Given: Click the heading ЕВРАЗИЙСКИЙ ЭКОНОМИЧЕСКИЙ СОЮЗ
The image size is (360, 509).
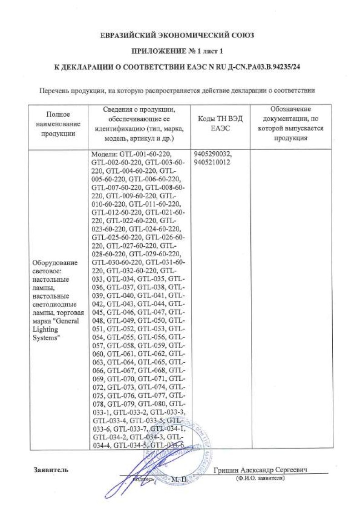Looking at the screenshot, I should pyautogui.click(x=177, y=35).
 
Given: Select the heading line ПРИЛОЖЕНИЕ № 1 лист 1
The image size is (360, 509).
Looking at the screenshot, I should pyautogui.click(x=177, y=50).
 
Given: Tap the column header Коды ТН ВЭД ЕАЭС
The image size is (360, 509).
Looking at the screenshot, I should pyautogui.click(x=220, y=124).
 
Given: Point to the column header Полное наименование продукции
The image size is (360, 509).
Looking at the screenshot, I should pyautogui.click(x=57, y=124).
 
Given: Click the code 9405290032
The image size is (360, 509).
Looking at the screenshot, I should pyautogui.click(x=212, y=154).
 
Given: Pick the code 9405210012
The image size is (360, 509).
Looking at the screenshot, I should pyautogui.click(x=212, y=161).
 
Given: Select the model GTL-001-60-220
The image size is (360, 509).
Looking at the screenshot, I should pyautogui.click(x=145, y=154).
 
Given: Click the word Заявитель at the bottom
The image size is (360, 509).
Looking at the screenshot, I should pyautogui.click(x=50, y=469).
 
